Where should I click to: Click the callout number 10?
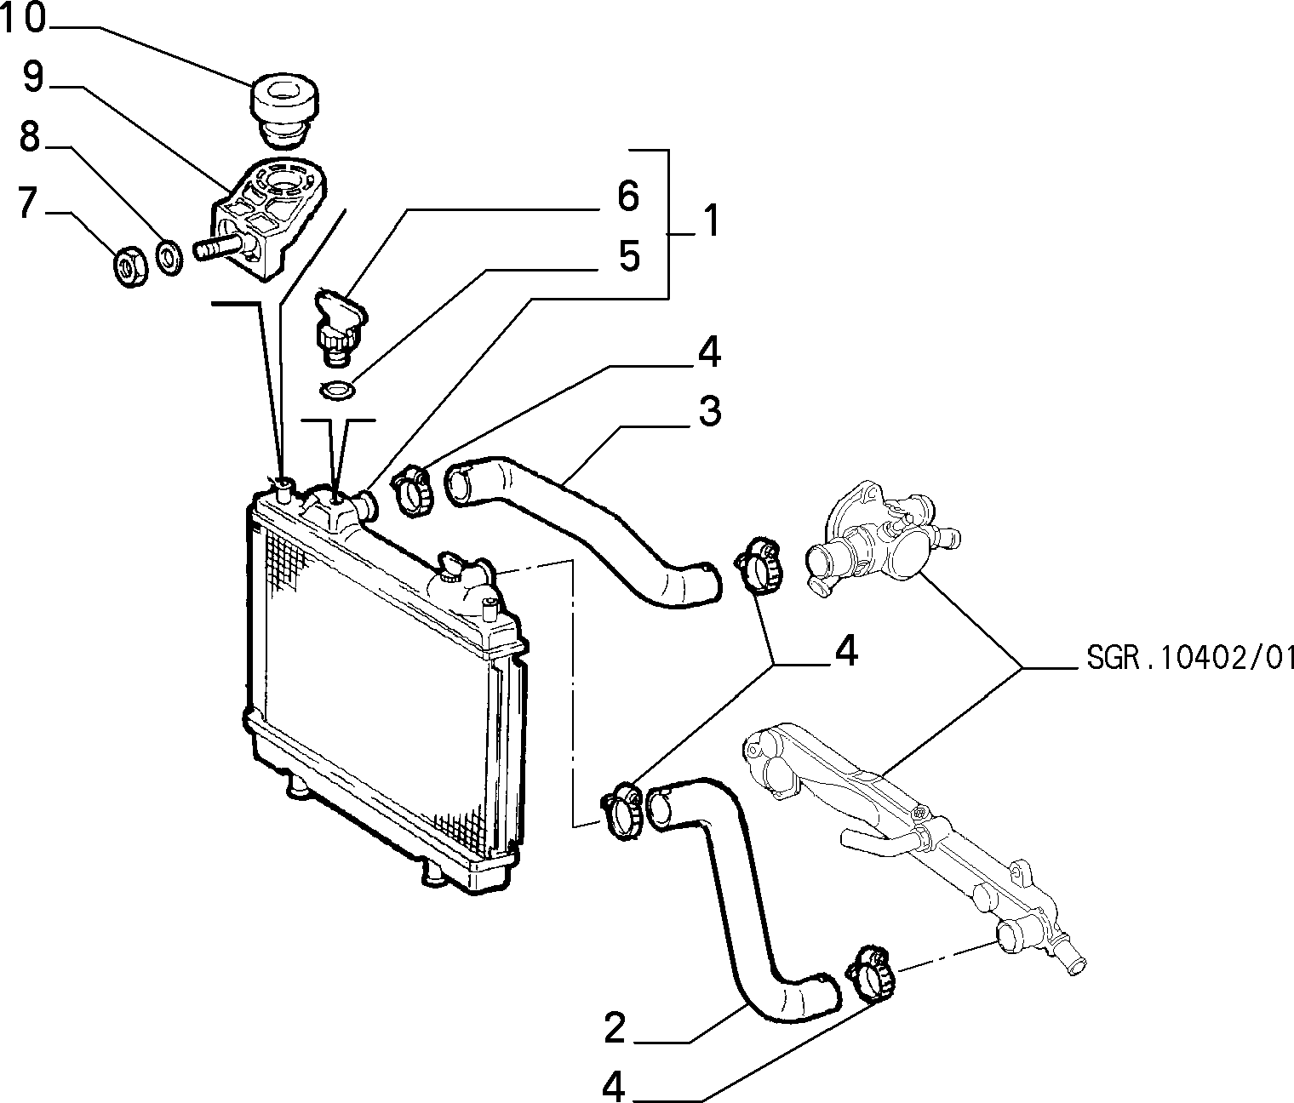(x=23, y=18)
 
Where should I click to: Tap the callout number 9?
(x=34, y=77)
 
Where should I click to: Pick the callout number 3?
(x=710, y=411)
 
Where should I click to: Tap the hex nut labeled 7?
(x=129, y=267)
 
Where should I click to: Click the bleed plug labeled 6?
(x=338, y=327)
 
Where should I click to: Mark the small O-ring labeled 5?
(x=337, y=389)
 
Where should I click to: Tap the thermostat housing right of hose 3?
(x=883, y=539)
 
